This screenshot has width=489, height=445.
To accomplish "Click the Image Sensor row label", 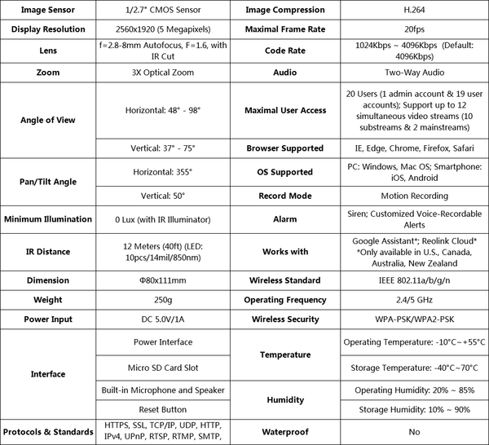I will click(48, 10).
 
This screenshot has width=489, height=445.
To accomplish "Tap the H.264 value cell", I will click(413, 10).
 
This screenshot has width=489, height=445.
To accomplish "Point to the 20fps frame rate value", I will click(413, 29).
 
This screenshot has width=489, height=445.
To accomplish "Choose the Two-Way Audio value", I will click(413, 73).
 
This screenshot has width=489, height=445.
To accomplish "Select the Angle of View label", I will click(48, 120).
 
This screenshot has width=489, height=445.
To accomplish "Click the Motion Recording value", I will click(413, 196).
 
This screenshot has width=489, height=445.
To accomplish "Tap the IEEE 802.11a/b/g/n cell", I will click(413, 280).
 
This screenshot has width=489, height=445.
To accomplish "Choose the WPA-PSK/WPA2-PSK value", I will click(413, 319).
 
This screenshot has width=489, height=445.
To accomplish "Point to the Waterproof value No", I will click(413, 431).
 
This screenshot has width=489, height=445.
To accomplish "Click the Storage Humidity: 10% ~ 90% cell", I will click(413, 409).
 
